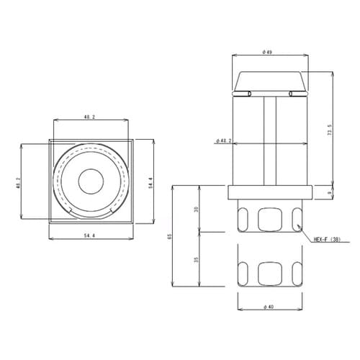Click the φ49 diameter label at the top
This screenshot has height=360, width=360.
(x=266, y=52)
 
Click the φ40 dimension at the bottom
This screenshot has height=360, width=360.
(x=268, y=307)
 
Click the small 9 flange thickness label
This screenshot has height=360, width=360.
(x=330, y=192)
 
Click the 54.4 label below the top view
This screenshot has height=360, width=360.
(x=90, y=235)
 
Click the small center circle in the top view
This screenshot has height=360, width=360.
(x=90, y=181)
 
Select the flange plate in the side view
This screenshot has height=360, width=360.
(x=270, y=192)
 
